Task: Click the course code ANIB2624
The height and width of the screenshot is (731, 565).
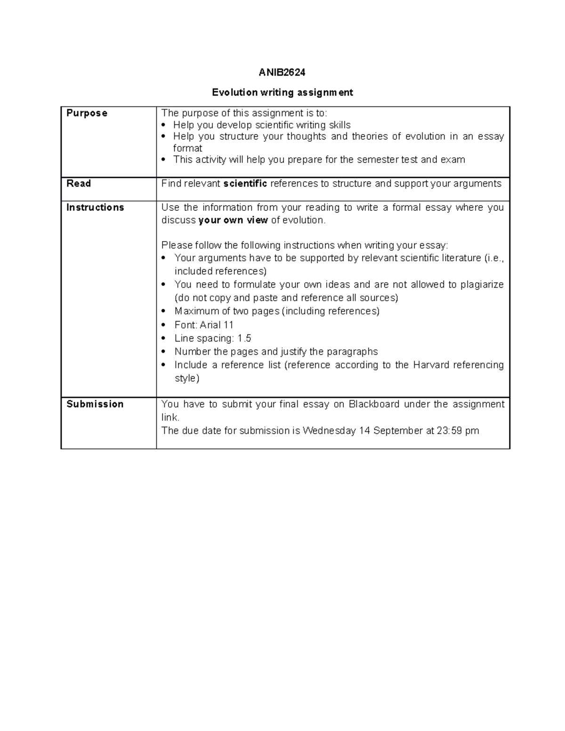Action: coord(282,72)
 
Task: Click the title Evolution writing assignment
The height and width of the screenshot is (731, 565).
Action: coord(282,92)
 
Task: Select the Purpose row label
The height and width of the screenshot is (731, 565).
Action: coord(87,113)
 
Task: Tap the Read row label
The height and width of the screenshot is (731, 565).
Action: coord(79,184)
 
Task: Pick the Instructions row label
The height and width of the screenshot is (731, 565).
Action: coord(95,208)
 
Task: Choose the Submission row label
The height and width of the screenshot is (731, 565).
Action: coord(95,404)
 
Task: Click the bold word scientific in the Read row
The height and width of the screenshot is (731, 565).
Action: coord(245,184)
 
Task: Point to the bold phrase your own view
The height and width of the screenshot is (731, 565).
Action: coord(233,220)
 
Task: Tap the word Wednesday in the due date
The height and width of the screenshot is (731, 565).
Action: coord(329,431)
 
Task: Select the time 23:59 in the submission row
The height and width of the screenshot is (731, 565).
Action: coord(450,431)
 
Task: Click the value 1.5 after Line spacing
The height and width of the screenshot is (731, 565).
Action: coord(244,338)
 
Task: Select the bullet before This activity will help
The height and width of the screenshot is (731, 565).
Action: coord(163,160)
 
